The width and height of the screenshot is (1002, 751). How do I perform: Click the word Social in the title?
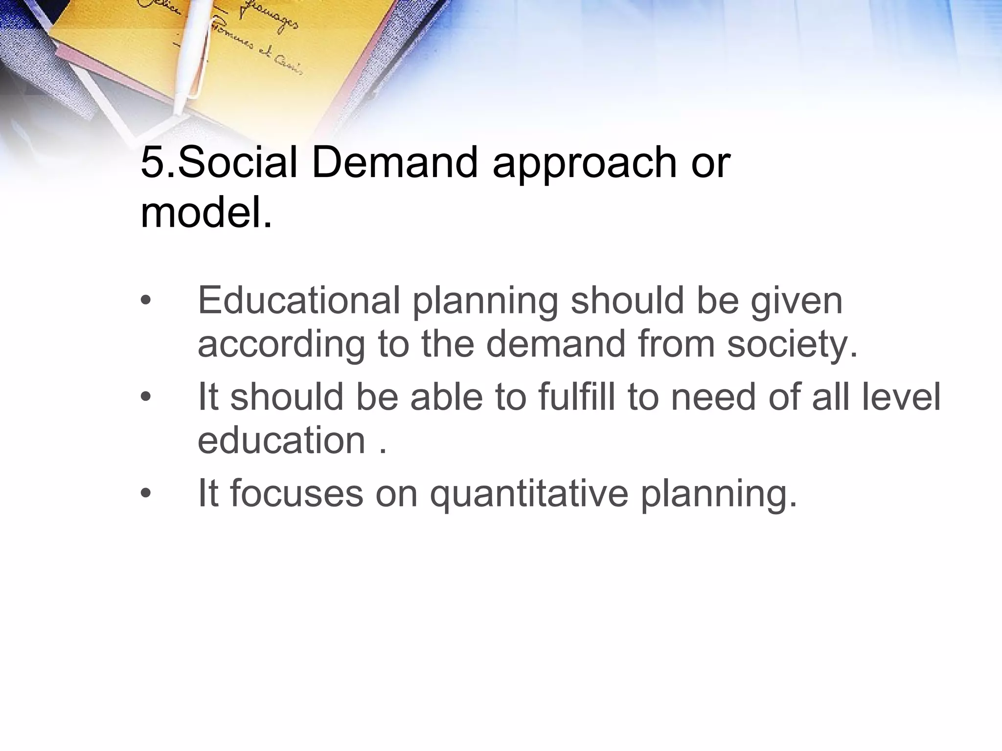tap(237, 163)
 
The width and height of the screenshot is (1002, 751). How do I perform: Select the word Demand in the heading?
tap(394, 163)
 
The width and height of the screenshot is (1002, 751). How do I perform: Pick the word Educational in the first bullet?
tap(299, 300)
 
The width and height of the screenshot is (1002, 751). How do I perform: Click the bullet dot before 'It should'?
tap(145, 397)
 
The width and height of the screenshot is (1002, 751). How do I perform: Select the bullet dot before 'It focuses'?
tap(145, 494)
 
